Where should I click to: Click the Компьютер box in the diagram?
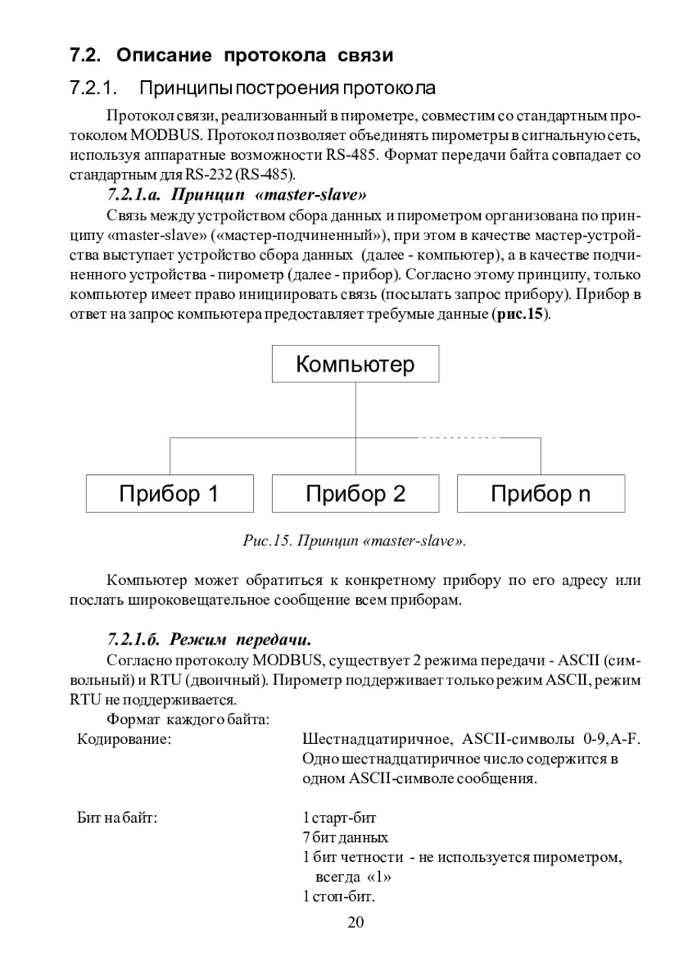(x=355, y=363)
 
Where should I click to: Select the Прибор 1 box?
(x=169, y=493)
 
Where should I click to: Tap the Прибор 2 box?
(x=355, y=493)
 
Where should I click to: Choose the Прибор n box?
(x=540, y=493)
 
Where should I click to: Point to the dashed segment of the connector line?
(x=457, y=437)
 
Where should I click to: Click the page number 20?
(x=355, y=921)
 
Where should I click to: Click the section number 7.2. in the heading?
(x=86, y=56)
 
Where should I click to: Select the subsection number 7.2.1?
(x=92, y=88)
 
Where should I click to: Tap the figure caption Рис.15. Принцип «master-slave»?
(x=354, y=541)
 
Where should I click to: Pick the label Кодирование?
(x=124, y=739)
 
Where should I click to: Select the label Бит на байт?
(x=118, y=818)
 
